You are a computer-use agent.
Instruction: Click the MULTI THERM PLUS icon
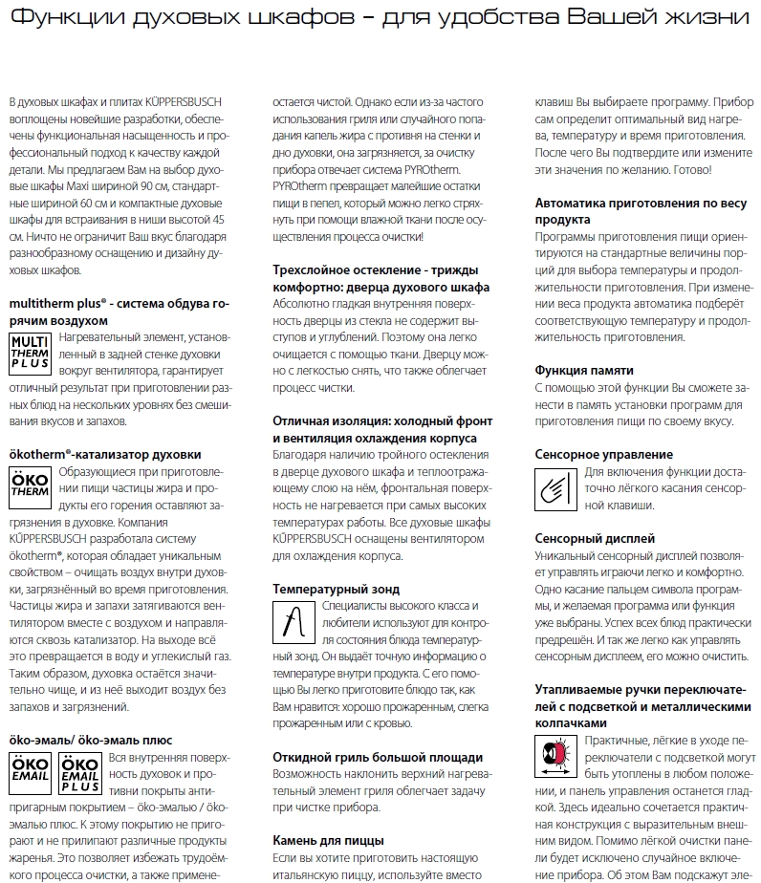(x=31, y=353)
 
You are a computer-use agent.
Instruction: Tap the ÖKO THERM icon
(x=31, y=487)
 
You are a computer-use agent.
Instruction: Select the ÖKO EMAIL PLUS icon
(x=80, y=773)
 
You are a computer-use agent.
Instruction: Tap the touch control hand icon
(x=556, y=485)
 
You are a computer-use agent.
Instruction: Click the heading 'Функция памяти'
(x=583, y=370)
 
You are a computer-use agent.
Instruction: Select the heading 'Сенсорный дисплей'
(x=594, y=539)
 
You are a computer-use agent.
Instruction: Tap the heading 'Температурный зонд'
(x=336, y=589)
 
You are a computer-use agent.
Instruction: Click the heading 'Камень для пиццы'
(x=328, y=841)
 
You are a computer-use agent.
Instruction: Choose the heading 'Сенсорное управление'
(x=603, y=454)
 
